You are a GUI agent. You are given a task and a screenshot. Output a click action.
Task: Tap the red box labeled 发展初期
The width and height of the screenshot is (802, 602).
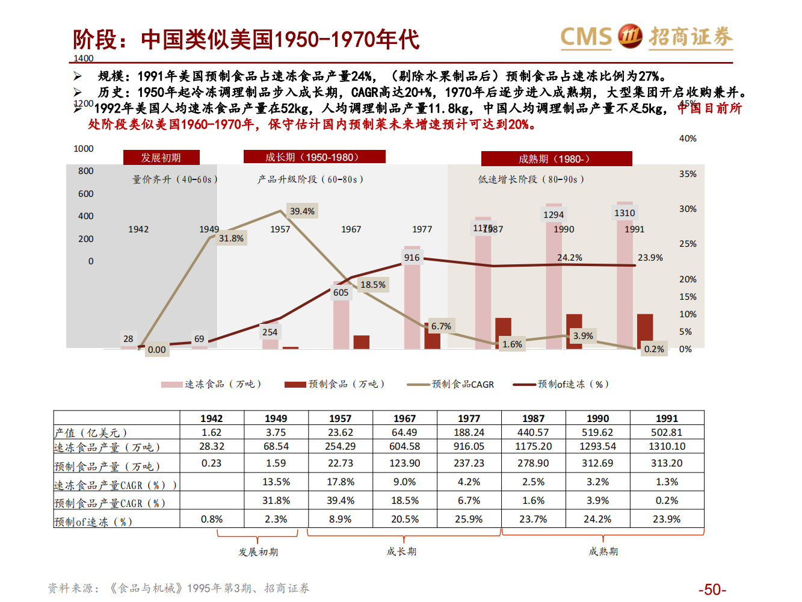tap(161, 157)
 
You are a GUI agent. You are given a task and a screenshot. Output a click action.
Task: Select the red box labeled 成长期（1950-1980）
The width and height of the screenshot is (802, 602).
tap(314, 157)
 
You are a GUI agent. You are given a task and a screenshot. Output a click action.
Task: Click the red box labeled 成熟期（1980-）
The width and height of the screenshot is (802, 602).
tap(556, 159)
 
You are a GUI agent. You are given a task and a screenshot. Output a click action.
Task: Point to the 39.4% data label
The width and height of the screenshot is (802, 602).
tap(302, 211)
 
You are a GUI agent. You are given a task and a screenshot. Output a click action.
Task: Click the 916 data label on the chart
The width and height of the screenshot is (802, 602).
tap(412, 258)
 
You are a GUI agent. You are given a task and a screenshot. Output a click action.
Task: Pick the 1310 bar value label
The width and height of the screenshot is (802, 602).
tap(625, 213)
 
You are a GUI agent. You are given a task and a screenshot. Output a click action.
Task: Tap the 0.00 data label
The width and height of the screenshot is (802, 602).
tap(157, 350)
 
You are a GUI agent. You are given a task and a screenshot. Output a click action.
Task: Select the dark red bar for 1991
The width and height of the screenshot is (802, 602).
tap(645, 331)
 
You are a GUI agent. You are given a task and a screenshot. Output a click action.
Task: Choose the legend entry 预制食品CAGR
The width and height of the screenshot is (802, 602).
tap(451, 384)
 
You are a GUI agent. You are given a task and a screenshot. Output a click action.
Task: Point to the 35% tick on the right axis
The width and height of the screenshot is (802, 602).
tap(688, 174)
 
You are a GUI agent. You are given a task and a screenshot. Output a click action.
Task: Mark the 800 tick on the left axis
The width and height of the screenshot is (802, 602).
tap(86, 171)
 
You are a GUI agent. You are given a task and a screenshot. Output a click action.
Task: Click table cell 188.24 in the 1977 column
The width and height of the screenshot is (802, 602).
tap(469, 432)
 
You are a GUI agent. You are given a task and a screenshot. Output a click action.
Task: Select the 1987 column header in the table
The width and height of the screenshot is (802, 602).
tap(533, 418)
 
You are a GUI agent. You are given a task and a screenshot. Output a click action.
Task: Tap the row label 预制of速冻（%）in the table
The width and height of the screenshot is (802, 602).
tap(93, 522)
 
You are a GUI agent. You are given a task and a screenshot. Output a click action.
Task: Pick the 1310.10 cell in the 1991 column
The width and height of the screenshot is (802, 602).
tap(667, 446)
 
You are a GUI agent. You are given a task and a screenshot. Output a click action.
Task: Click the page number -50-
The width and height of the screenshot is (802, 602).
tap(712, 589)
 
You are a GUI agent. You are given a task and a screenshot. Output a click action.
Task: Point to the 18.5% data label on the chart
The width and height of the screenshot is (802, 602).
tap(373, 285)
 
